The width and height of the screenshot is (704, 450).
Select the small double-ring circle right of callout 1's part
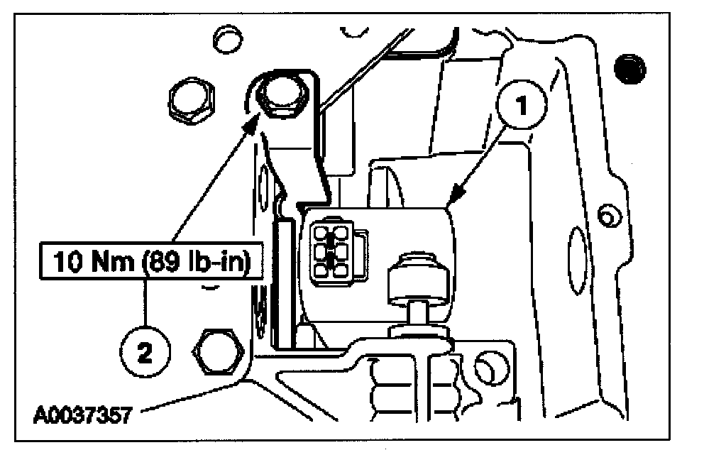tap(605, 213)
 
